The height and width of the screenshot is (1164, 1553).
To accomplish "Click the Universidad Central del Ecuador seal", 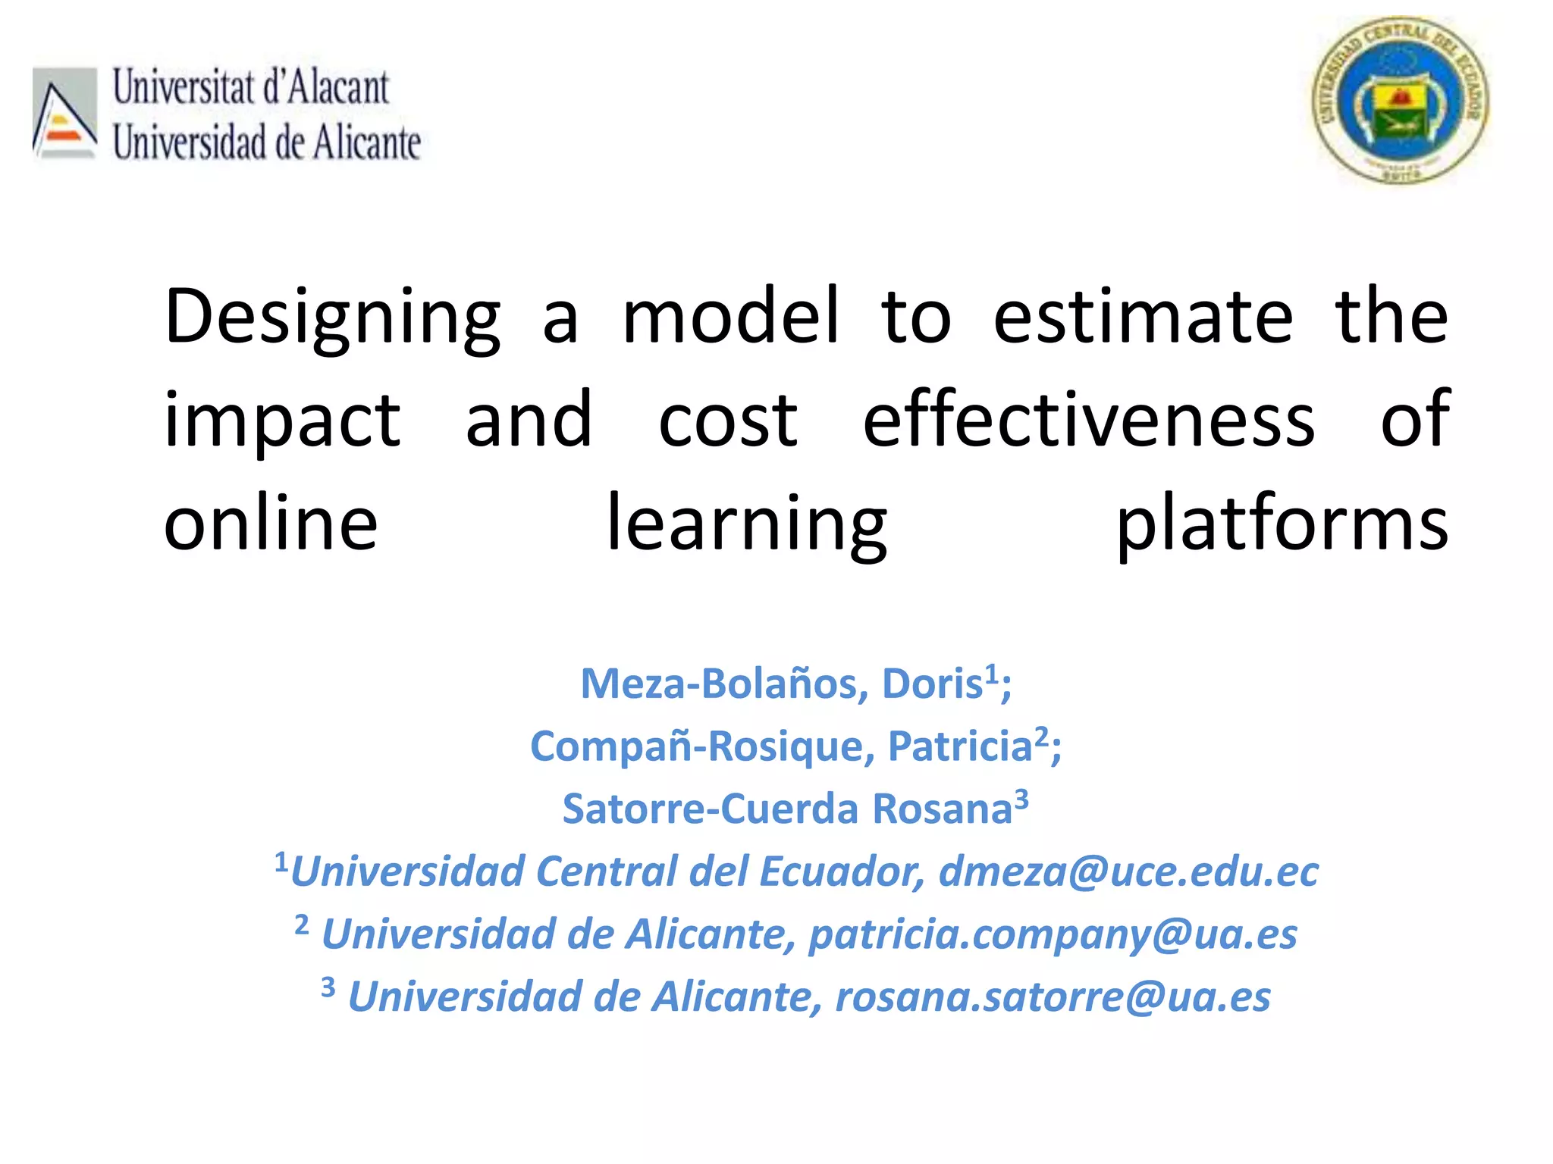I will [x=1400, y=100].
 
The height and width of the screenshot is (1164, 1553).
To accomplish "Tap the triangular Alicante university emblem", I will [x=64, y=114].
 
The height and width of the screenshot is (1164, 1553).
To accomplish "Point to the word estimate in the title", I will [x=1143, y=317].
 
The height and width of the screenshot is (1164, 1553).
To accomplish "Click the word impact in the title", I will [x=282, y=421].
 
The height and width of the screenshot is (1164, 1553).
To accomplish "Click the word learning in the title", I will [x=747, y=524].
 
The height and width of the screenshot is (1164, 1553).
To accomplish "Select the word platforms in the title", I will [x=1282, y=524].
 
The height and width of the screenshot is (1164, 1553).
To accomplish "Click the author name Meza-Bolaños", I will [x=723, y=684].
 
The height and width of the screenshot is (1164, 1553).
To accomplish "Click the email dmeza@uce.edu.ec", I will [x=1128, y=871].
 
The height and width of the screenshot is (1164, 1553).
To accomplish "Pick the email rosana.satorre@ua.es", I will [x=1053, y=997].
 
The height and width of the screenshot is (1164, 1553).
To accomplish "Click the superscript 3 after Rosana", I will [x=1021, y=799].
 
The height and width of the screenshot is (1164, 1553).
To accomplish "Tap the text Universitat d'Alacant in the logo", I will [x=251, y=87].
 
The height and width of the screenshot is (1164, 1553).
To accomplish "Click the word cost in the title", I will [x=727, y=421].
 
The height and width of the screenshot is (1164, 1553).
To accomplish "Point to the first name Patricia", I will [x=960, y=746].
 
